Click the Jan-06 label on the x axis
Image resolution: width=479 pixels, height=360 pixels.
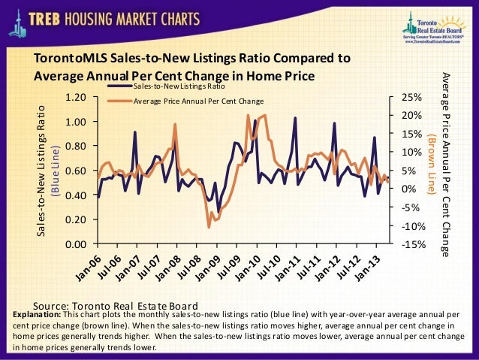pos(88,265)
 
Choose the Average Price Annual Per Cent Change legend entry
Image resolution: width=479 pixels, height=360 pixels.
pos(198,101)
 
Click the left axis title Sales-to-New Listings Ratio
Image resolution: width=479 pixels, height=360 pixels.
pos(43,171)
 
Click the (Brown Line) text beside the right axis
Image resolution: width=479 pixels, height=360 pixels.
pos(431,165)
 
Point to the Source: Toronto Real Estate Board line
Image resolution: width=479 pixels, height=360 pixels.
pos(116,305)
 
